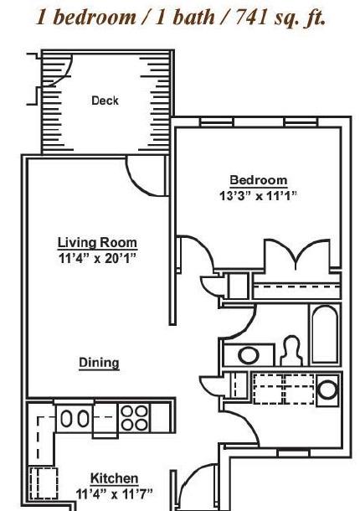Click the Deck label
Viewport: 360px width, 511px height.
(x=105, y=101)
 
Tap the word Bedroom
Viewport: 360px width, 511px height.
(x=259, y=180)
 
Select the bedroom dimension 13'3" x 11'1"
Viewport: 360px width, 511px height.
(x=258, y=196)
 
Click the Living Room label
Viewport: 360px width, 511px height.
(x=97, y=243)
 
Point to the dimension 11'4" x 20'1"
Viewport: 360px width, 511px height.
(x=97, y=258)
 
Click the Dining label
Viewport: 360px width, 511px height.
(x=99, y=363)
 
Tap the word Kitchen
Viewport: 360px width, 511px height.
(x=114, y=478)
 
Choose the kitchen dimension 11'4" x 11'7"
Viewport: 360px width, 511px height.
(x=114, y=494)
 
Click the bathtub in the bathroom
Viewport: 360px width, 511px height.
(x=325, y=333)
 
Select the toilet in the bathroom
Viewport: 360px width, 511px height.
(x=292, y=351)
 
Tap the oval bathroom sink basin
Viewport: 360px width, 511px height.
(x=249, y=355)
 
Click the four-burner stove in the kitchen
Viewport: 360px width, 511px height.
(x=134, y=418)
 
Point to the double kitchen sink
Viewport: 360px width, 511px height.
(x=75, y=418)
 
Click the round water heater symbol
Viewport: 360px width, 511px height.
(x=327, y=390)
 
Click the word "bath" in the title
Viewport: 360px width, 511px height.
(x=193, y=17)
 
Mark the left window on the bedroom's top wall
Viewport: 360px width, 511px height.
(x=217, y=121)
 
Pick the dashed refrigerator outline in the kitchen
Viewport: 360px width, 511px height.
(x=44, y=483)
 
